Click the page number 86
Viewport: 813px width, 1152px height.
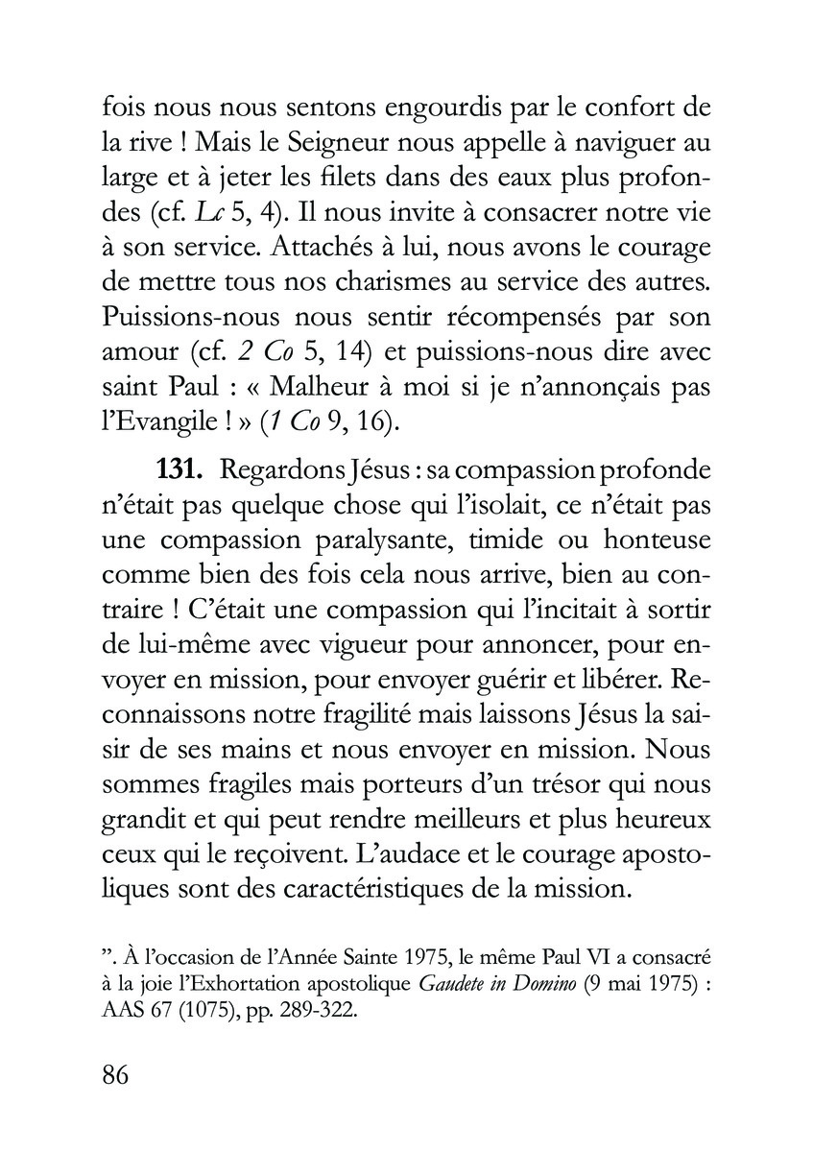click(115, 1072)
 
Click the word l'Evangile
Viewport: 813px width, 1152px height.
click(156, 422)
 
